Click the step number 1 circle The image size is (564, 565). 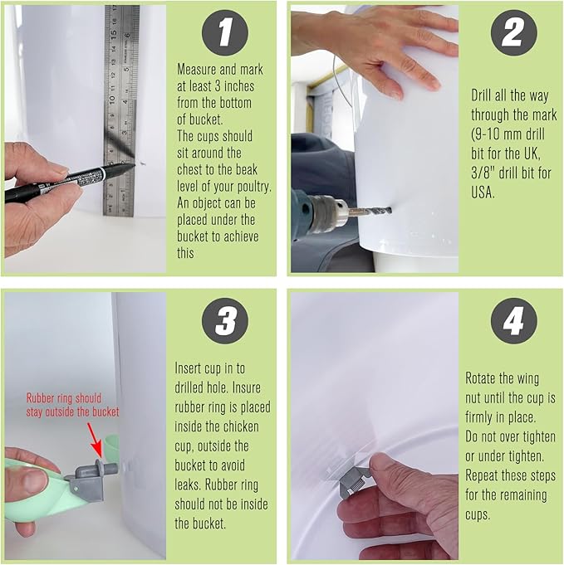click(225, 32)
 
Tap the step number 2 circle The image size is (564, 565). click(514, 32)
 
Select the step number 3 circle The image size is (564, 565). click(225, 320)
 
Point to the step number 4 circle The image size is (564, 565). click(514, 320)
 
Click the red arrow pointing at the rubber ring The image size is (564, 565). click(96, 440)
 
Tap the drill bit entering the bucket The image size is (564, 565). click(370, 211)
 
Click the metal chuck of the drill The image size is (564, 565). click(327, 214)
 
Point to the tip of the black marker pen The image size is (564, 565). click(135, 165)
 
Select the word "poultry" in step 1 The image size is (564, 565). click(253, 187)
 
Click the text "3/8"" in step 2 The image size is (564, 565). click(483, 173)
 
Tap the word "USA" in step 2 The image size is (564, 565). click(482, 192)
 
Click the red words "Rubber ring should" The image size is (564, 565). click(64, 398)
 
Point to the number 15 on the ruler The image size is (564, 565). click(113, 34)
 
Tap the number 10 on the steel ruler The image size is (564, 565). click(112, 98)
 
